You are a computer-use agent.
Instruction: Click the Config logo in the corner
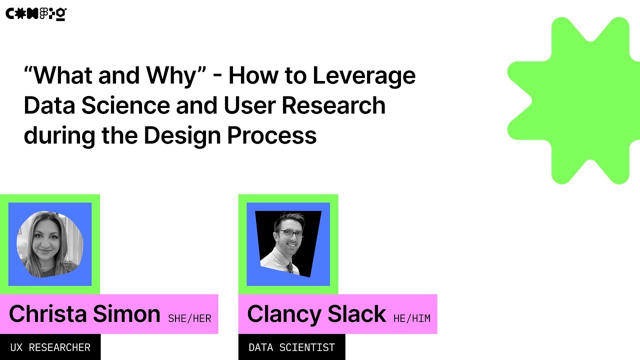pos(35,14)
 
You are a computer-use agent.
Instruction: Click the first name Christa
pos(48,314)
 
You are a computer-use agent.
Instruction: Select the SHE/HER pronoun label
pos(189,318)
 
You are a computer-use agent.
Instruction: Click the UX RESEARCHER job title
pos(50,347)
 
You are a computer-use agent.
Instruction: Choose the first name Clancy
pos(283,314)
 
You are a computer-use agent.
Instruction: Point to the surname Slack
pos(356,314)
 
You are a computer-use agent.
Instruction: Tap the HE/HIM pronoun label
pos(411,318)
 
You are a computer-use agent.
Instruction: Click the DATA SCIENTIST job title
pos(291,347)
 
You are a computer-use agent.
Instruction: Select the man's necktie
pos(289,266)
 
